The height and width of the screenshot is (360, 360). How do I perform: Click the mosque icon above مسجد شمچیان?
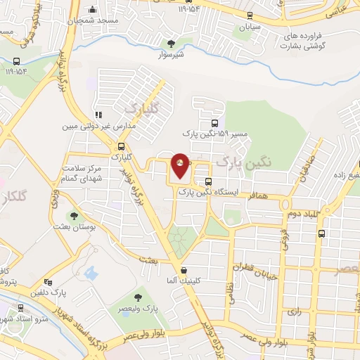click(93, 10)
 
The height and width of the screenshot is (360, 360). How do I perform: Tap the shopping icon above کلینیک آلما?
click(184, 270)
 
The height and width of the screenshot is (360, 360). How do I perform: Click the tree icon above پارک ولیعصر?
click(138, 297)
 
